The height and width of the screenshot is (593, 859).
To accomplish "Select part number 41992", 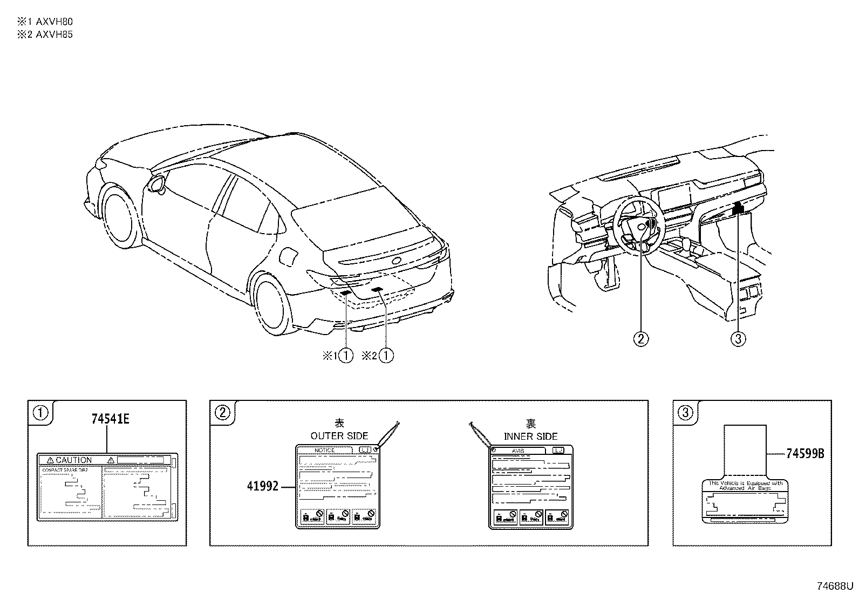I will [x=262, y=486].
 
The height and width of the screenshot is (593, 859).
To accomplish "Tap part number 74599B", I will [x=805, y=454].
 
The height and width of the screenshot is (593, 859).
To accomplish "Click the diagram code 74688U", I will [x=834, y=585].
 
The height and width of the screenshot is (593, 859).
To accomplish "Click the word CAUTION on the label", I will [x=74, y=460].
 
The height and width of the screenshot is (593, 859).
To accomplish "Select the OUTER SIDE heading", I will [x=339, y=435].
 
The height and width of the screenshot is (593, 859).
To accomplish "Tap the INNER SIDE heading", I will [x=530, y=436].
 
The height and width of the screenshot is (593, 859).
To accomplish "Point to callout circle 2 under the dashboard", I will [x=640, y=339].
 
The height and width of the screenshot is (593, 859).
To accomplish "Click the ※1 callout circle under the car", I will [x=345, y=356].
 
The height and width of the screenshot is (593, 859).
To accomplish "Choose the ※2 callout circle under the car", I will [x=386, y=356].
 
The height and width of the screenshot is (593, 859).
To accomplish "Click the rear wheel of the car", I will [x=273, y=305].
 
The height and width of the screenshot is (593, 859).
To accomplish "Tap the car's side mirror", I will [x=158, y=183].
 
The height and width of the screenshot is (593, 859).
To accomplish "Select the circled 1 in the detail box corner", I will [x=42, y=413].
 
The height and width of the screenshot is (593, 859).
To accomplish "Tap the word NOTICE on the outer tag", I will [x=325, y=450].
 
